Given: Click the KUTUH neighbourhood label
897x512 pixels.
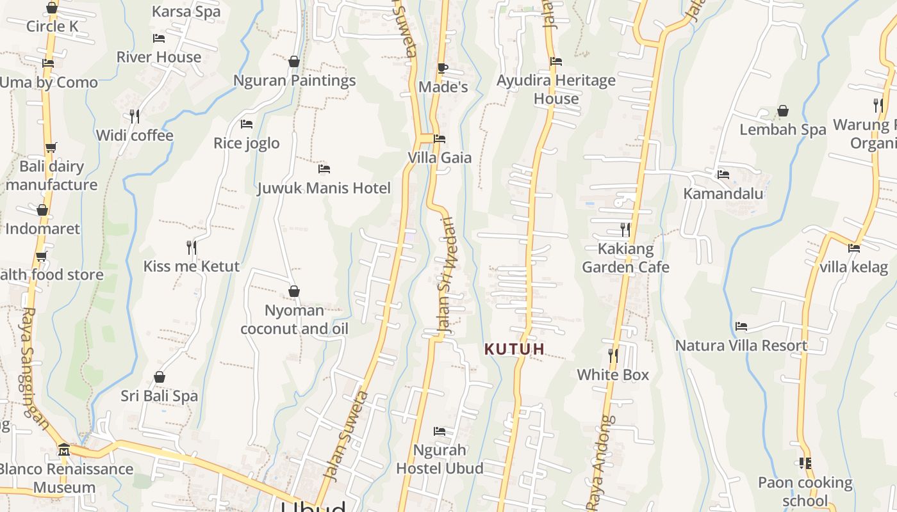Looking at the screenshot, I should pos(514,349).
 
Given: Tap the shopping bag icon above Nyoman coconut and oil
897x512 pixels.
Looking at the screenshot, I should pos(294,292).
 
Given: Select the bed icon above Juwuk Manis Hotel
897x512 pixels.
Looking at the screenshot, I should pos(324,169).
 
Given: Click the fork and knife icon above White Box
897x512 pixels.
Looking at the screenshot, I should pos(613,355).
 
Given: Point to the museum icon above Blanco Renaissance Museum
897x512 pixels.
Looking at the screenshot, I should pos(63,450).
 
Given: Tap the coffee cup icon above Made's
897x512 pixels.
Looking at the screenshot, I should pos(442,68).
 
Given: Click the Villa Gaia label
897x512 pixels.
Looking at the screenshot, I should pos(440,157).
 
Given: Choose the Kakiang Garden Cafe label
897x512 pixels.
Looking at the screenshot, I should pos(625,258).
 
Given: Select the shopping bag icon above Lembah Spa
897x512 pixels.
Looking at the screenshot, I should pos(783,111).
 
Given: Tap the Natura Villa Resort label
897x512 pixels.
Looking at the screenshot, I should pos(741,346).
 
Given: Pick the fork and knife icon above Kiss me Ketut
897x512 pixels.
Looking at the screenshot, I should pos(191,247).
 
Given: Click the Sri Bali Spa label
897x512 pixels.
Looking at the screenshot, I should pos(160,396).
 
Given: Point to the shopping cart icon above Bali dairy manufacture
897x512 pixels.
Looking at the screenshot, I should pos(51,147).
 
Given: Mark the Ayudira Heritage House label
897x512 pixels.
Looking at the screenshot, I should pos(556,90).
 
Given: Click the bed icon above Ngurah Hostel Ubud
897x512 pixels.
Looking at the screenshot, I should pos(440,431).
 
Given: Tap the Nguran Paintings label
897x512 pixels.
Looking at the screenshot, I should pos(294,81).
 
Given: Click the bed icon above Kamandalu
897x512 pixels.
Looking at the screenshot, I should pos(723,174).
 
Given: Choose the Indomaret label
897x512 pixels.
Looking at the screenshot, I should pos(42,228).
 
